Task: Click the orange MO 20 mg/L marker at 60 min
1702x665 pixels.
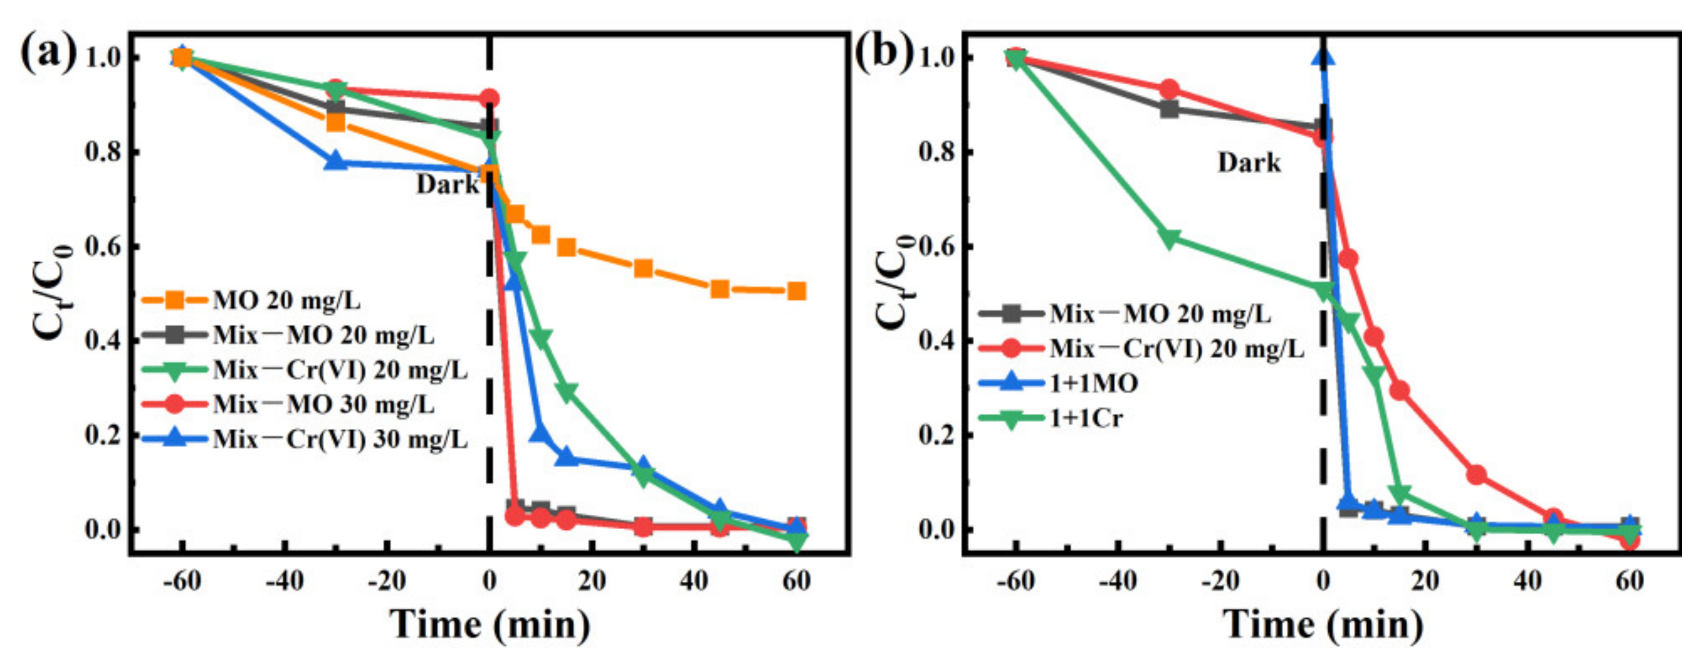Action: pyautogui.click(x=796, y=290)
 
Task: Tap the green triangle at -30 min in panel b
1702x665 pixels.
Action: pyautogui.click(x=1170, y=238)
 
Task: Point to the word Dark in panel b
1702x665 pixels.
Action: pyautogui.click(x=1249, y=162)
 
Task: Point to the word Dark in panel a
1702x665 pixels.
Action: pyautogui.click(x=447, y=184)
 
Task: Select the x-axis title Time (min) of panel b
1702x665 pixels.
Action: pyautogui.click(x=1322, y=623)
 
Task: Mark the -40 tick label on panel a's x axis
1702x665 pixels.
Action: pyautogui.click(x=284, y=581)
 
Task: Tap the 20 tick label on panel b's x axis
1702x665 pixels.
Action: pyautogui.click(x=1425, y=581)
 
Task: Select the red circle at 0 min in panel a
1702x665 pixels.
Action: pyautogui.click(x=489, y=99)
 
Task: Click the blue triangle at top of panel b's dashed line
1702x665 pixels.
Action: pyautogui.click(x=1323, y=58)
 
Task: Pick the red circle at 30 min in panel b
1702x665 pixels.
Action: pyautogui.click(x=1477, y=474)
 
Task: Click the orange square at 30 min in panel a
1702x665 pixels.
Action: pyautogui.click(x=643, y=268)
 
